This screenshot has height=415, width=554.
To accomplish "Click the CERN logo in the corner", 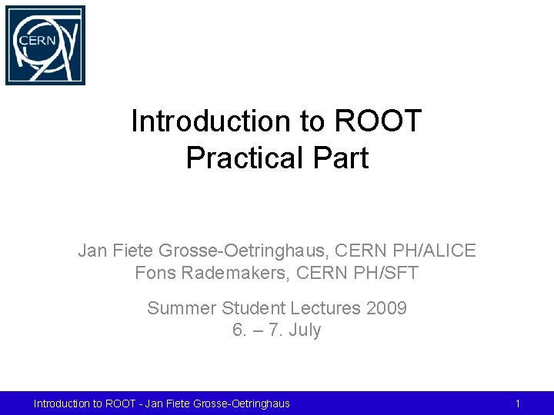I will [45, 45].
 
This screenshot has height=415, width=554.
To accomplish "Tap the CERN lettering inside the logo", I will [38, 40].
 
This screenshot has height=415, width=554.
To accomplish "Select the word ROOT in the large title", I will [379, 121].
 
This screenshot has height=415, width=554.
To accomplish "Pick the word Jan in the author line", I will [93, 251].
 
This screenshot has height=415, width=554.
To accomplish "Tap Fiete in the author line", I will [133, 251].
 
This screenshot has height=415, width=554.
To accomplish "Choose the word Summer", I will [182, 309].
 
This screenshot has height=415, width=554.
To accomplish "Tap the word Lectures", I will [324, 309].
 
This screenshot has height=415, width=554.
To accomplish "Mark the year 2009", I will [386, 309].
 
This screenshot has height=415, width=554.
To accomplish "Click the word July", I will [305, 330].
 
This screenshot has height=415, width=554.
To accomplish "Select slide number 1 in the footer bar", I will [518, 403].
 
